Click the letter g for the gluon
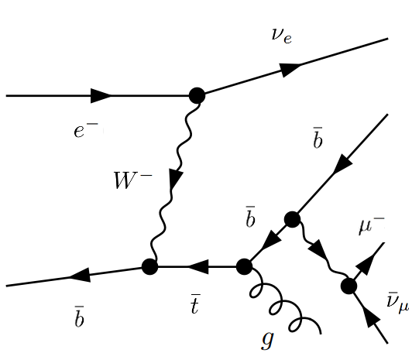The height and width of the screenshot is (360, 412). (x=267, y=338)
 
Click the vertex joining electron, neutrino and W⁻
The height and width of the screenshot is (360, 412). (x=197, y=95)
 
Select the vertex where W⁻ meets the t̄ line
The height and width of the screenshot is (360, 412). (x=149, y=267)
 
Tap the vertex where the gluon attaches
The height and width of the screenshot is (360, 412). (x=244, y=267)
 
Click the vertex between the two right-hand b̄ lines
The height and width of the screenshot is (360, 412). (x=292, y=220)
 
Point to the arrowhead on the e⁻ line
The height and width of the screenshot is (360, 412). (x=101, y=96)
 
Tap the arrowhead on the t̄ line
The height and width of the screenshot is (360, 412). (x=197, y=267)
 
